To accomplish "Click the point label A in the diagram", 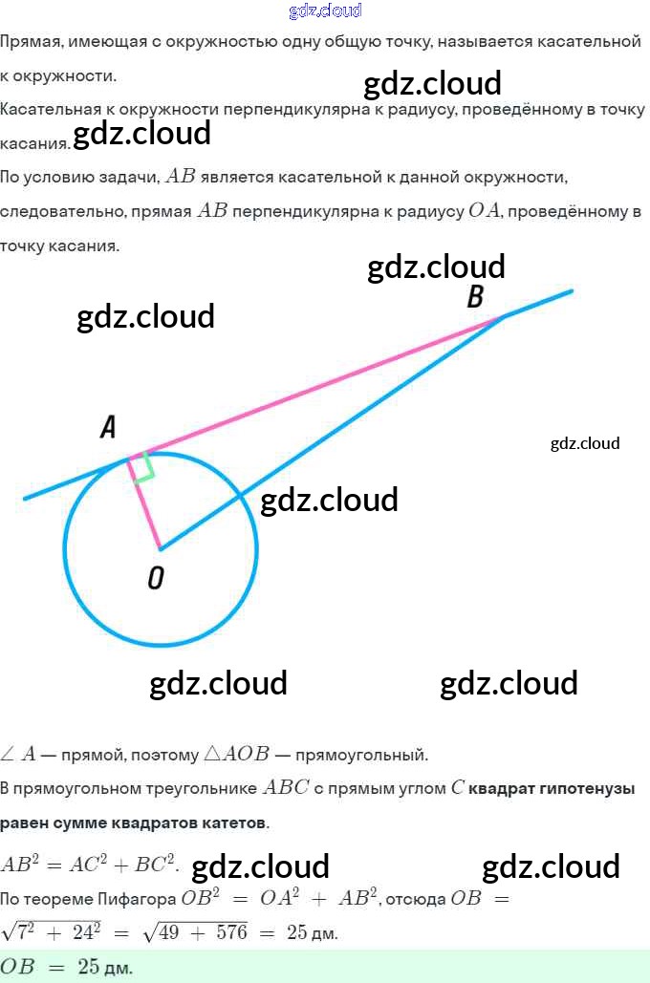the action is [108, 429].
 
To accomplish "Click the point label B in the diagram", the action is [474, 297].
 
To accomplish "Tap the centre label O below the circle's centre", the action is [155, 577].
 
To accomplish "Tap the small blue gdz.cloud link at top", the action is [324, 11].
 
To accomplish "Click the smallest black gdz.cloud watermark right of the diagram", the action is [585, 443].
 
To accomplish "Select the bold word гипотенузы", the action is [586, 789].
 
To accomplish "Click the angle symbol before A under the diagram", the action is [8, 755].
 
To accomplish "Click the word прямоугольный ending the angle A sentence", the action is [362, 755].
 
